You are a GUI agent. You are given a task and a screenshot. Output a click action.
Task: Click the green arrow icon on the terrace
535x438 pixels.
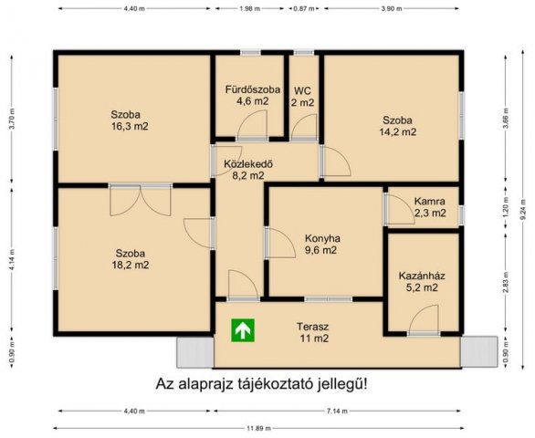click(242, 329)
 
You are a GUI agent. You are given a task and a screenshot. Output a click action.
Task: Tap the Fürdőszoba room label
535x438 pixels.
click(247, 89)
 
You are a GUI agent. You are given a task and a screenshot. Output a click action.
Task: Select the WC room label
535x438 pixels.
click(303, 90)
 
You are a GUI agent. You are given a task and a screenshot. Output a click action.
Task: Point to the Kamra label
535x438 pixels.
click(429, 201)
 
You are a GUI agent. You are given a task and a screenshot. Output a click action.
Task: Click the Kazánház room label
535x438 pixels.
click(418, 276)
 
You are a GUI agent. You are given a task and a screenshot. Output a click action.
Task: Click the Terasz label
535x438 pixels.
click(312, 326)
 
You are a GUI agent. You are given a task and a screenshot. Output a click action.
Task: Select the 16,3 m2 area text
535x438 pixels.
click(129, 127)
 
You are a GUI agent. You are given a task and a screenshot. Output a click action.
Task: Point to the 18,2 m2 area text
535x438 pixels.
click(131, 265)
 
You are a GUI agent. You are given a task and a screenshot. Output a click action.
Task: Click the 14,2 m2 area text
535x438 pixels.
click(398, 131)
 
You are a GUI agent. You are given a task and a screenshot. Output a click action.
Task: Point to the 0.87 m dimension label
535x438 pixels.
click(301, 8)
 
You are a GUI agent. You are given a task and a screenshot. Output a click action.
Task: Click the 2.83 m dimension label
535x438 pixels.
click(505, 286)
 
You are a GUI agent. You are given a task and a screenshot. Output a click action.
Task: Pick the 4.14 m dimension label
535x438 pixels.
click(12, 260)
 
